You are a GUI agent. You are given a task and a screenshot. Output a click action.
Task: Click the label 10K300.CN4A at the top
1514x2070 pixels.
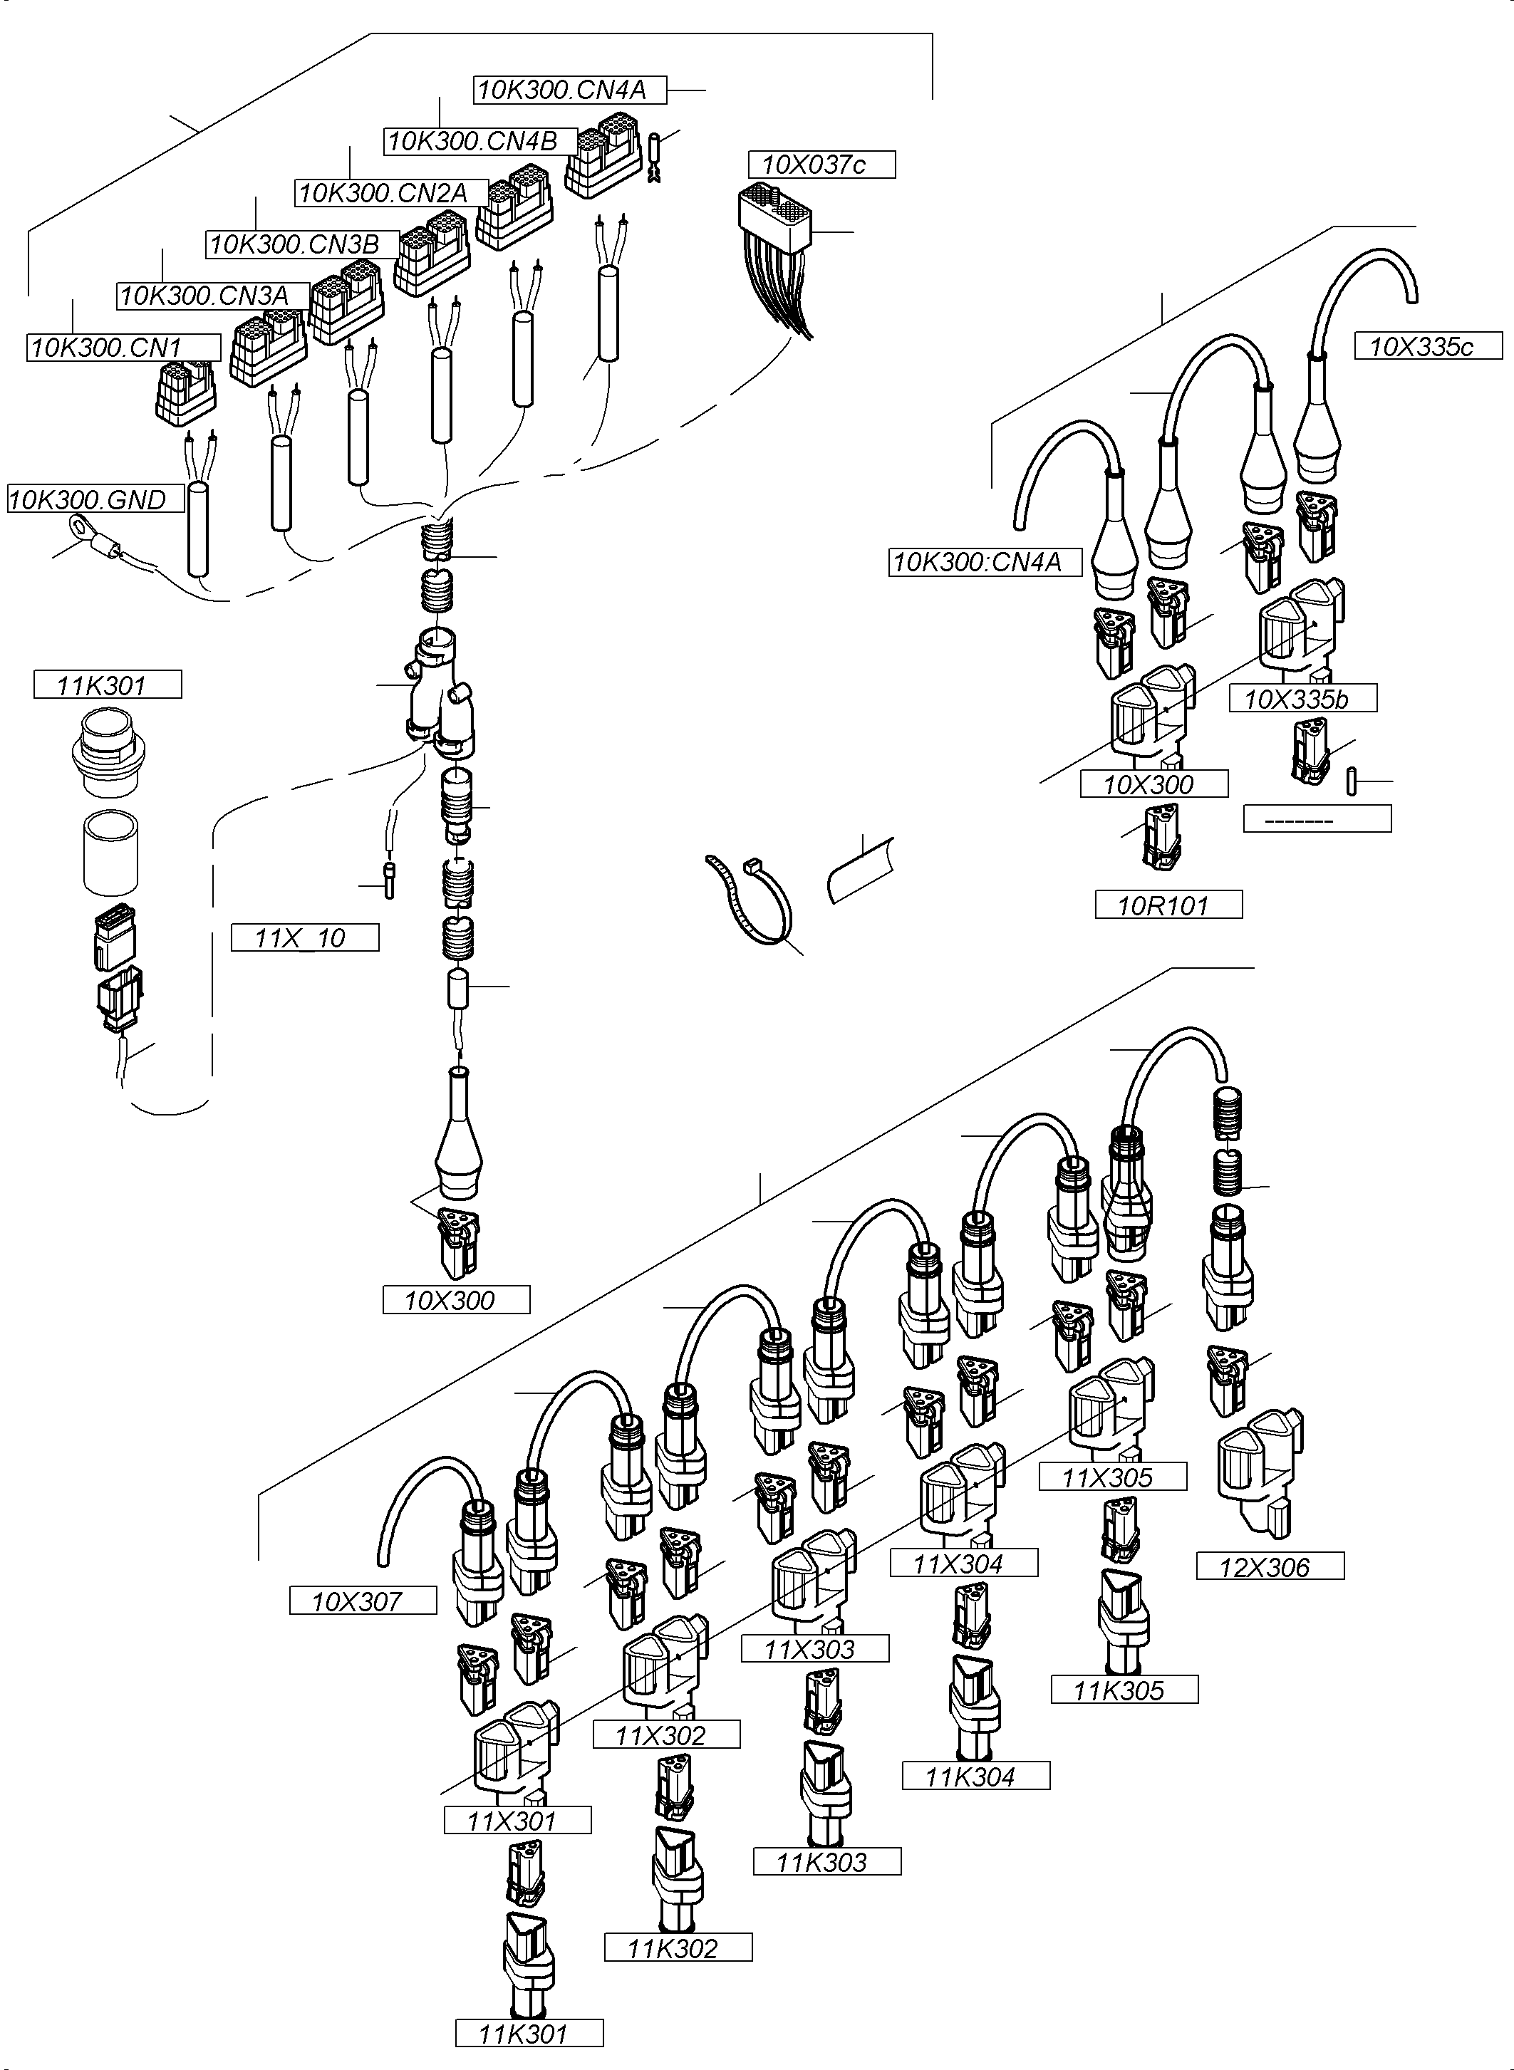click(x=570, y=90)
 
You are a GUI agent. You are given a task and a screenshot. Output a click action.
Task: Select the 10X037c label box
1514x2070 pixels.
click(x=821, y=165)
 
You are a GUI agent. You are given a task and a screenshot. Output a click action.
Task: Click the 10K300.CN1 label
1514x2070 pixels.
click(x=123, y=348)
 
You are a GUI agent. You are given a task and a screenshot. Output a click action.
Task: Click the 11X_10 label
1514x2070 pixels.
click(x=304, y=937)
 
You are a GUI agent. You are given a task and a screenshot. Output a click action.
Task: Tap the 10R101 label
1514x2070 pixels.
click(x=1168, y=905)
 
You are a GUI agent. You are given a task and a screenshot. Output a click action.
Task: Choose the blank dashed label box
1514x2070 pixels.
click(x=1317, y=818)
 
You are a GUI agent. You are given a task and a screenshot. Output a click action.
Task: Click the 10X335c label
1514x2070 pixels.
click(x=1428, y=346)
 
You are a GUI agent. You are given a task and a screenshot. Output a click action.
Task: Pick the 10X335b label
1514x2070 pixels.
click(x=1302, y=699)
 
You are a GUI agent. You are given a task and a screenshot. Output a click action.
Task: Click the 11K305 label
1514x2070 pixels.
click(x=1124, y=1690)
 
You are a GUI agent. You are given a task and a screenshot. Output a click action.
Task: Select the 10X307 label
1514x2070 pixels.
click(x=363, y=1601)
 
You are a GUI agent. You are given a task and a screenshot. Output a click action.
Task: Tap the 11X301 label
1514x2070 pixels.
click(x=517, y=1820)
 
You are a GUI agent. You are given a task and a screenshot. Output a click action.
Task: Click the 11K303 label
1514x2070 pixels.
click(x=826, y=1861)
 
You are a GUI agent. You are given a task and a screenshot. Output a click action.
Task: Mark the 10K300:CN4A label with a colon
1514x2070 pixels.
click(x=985, y=562)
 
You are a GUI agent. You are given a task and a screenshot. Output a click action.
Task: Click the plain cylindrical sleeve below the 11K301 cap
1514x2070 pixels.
click(x=110, y=852)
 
